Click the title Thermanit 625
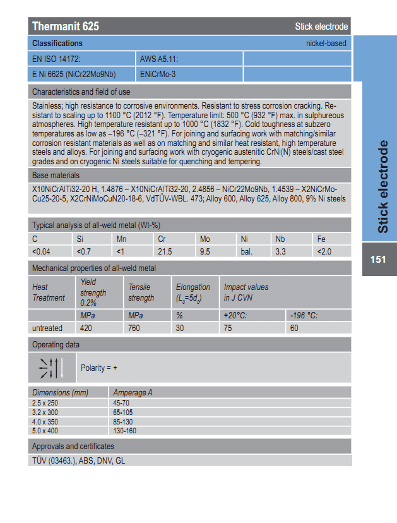[x=66, y=27]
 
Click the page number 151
[x=378, y=260]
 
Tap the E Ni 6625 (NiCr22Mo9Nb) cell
[x=74, y=75]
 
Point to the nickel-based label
[x=326, y=44]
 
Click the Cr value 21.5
[x=165, y=251]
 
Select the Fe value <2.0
[x=324, y=251]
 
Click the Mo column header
[x=204, y=239]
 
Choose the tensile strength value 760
[x=135, y=328]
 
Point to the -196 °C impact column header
[x=304, y=315]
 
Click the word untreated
[x=47, y=328]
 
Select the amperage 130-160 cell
[x=124, y=430]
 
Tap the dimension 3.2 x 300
[x=45, y=412]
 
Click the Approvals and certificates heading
[x=73, y=447]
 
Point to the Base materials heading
[x=56, y=175]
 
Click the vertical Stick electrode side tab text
[x=382, y=187]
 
